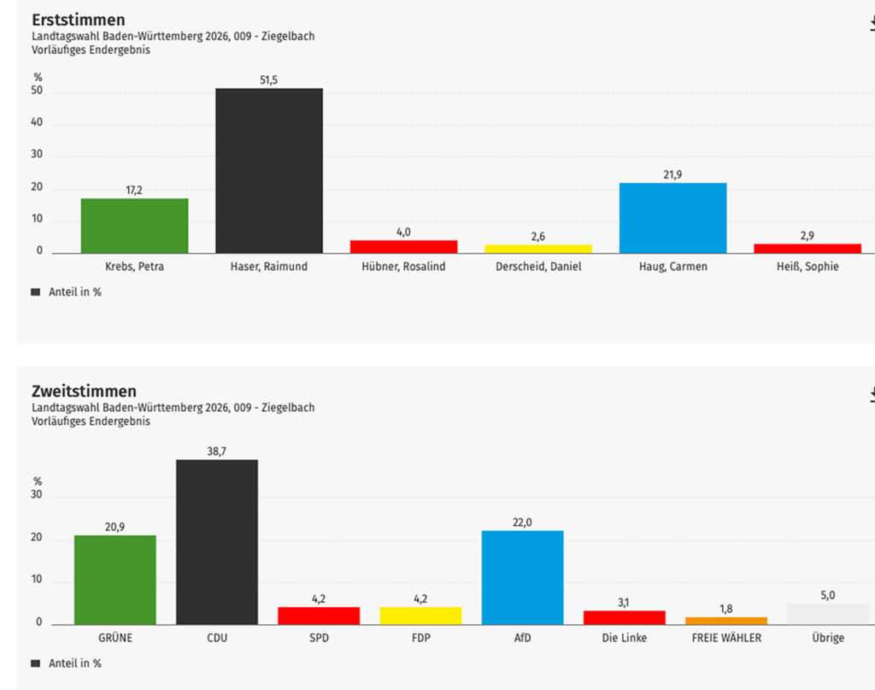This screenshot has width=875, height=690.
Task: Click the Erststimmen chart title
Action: click(x=78, y=20)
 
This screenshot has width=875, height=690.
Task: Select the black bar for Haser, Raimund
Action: click(x=269, y=170)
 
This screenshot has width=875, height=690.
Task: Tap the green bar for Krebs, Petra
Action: click(x=134, y=226)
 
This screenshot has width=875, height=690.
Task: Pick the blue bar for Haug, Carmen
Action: click(x=672, y=218)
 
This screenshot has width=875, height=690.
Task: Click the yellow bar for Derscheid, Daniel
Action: click(x=538, y=249)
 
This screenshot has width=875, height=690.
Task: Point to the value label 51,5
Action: click(x=269, y=80)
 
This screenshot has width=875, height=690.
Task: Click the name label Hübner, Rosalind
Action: click(x=403, y=266)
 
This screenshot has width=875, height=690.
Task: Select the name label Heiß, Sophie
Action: click(x=807, y=266)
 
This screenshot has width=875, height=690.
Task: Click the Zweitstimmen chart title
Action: click(x=84, y=391)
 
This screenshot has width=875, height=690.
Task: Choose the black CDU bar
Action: click(x=217, y=542)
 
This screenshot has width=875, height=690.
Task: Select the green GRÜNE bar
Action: click(x=115, y=580)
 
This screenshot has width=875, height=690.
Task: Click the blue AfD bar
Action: click(x=522, y=577)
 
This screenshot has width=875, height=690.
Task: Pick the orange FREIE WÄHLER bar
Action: click(x=725, y=621)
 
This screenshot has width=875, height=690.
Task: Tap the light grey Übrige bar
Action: click(x=827, y=614)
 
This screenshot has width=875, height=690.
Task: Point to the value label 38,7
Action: click(x=217, y=451)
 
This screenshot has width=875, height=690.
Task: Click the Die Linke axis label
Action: click(x=624, y=638)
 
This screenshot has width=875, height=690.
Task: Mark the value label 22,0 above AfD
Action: click(x=522, y=522)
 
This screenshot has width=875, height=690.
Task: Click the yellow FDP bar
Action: click(x=420, y=616)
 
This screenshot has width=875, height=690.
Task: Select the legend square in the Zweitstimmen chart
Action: click(x=35, y=663)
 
